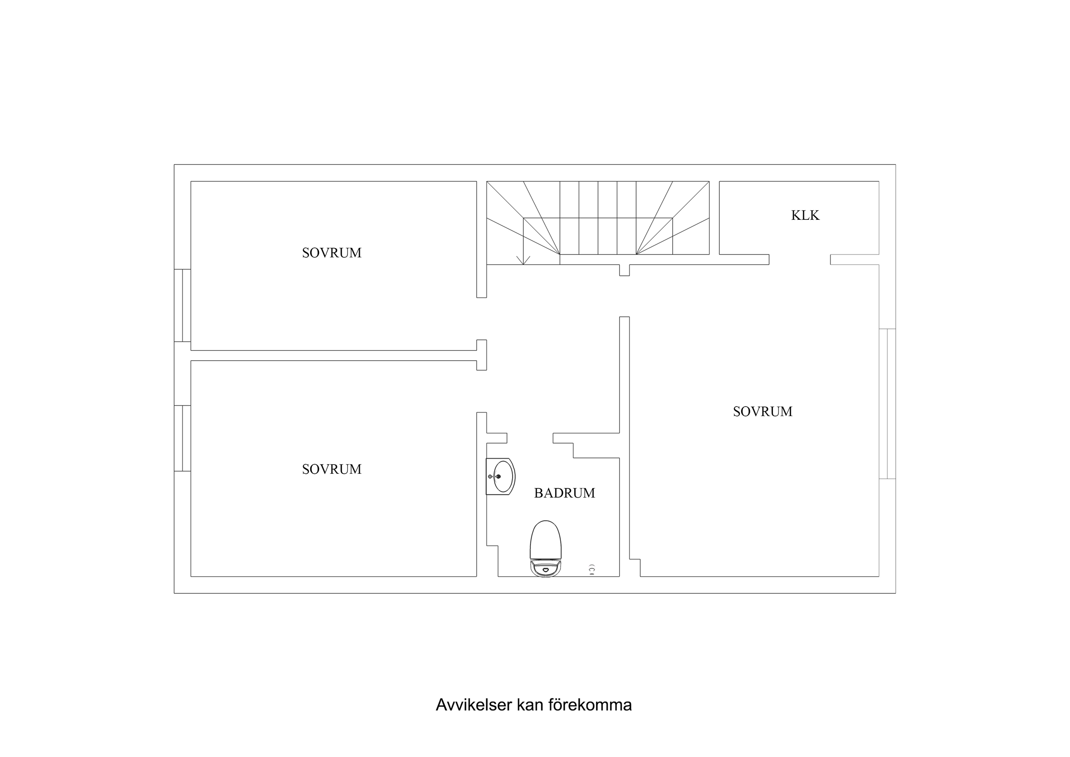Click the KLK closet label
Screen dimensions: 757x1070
click(805, 215)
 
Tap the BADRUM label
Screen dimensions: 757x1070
click(564, 493)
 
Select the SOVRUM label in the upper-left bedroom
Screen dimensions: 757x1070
click(331, 253)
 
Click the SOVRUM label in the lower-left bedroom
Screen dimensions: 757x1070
click(331, 469)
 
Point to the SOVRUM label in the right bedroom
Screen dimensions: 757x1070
click(763, 411)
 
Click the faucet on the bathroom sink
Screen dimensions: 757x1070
click(494, 476)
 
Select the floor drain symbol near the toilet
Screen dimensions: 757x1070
click(592, 569)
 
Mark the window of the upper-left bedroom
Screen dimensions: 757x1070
click(182, 305)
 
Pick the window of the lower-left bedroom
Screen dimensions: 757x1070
click(182, 438)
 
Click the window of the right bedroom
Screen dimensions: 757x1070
click(887, 404)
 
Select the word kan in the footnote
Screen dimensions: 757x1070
click(530, 705)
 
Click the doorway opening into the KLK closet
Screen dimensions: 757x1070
click(799, 259)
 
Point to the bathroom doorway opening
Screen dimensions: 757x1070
click(530, 438)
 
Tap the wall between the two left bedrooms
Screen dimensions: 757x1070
click(333, 356)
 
